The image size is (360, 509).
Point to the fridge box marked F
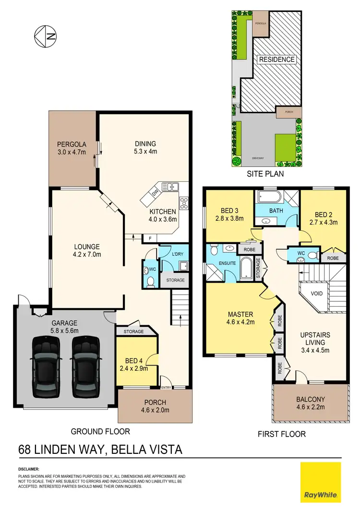[x=150, y=237]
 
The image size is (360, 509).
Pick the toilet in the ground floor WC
[x=150, y=281]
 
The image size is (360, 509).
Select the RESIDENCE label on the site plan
[x=276, y=60]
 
